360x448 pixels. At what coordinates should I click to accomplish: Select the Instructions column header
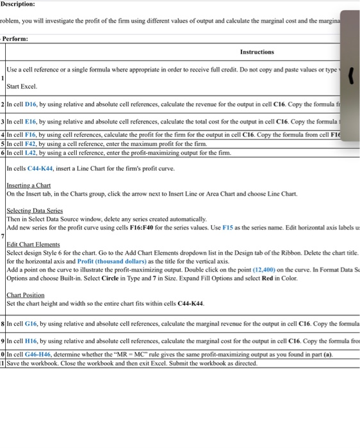pyautogui.click(x=256, y=52)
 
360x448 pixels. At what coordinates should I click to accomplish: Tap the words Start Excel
pyautogui.click(x=22, y=86)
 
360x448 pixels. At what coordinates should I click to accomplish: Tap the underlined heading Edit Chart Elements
pyautogui.click(x=33, y=244)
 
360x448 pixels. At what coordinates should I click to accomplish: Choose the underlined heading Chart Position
pyautogui.click(x=27, y=295)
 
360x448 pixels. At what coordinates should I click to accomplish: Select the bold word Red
pyautogui.click(x=273, y=278)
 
